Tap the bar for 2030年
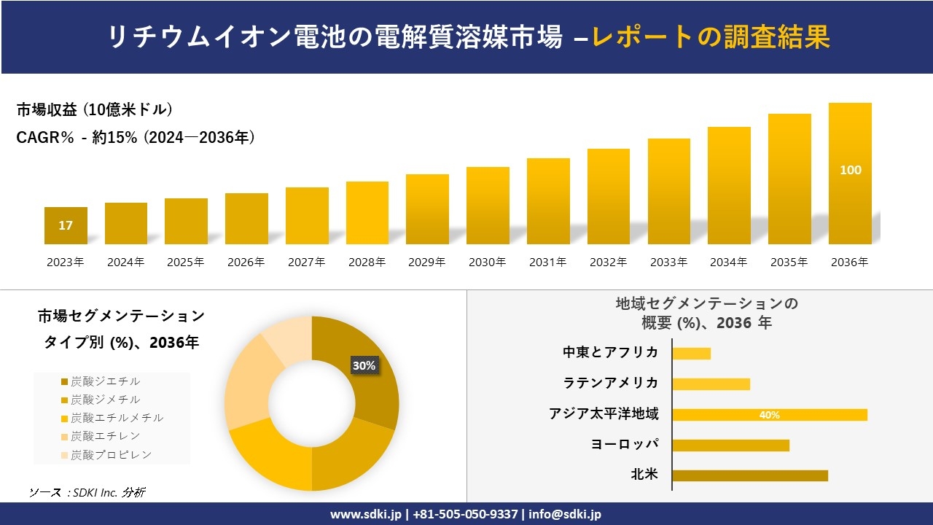488,206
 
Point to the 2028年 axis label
367,262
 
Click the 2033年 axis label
668,262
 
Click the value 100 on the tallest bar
850,170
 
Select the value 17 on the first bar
66,225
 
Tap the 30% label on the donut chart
364,365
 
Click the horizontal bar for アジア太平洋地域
769,415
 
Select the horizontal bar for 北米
749,475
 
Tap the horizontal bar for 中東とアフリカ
691,354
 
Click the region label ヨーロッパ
625,444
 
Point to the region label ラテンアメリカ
611,383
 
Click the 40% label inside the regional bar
769,415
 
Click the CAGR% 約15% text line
136,137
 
